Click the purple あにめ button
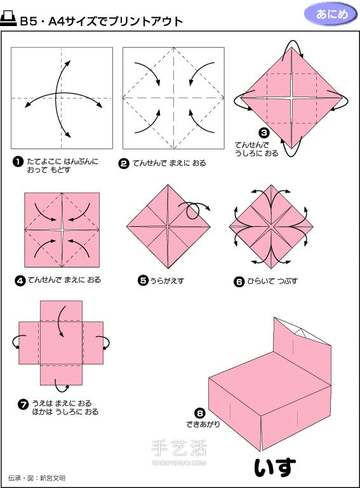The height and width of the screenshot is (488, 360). point(331,14)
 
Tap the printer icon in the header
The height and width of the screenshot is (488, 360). point(8,19)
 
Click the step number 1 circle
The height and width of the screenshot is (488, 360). point(18,161)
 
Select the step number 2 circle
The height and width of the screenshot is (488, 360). point(124,163)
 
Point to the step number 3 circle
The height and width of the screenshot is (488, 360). point(264,133)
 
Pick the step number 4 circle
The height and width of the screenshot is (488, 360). point(20,280)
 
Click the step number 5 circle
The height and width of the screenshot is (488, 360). point(143,280)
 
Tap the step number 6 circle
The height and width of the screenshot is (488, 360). point(239,281)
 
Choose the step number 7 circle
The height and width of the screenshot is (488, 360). point(23,405)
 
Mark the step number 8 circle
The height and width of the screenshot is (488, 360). point(199,413)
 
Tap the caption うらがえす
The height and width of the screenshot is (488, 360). point(167,281)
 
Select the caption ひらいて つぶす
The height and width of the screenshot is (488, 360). point(272,281)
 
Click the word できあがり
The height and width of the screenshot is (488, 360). point(203,424)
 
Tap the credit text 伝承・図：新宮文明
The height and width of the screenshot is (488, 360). point(37,478)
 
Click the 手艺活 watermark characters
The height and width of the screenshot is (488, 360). point(179,448)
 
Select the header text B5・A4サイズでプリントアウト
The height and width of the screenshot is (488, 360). point(101,22)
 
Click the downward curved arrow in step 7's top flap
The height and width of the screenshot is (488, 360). point(60,320)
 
